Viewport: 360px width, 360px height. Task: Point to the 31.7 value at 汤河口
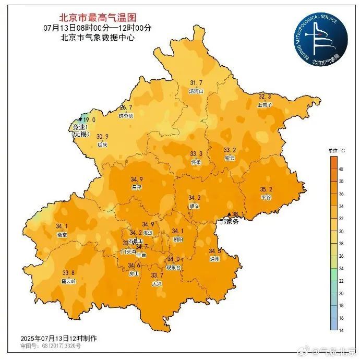point(196,83)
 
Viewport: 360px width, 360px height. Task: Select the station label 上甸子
point(265,104)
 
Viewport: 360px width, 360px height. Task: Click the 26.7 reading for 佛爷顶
point(126,107)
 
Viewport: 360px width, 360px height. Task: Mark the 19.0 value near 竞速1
point(89,119)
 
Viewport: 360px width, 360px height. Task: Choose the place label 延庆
point(103,145)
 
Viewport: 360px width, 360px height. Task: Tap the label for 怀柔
point(196,162)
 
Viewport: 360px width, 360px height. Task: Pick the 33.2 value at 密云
point(230,150)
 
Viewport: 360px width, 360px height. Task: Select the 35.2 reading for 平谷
point(266,189)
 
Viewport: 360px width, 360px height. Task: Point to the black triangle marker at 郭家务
point(229,214)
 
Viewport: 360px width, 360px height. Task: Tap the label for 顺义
point(194,206)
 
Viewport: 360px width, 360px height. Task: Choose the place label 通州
point(215,259)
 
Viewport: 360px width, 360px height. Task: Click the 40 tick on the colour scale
point(341,170)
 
